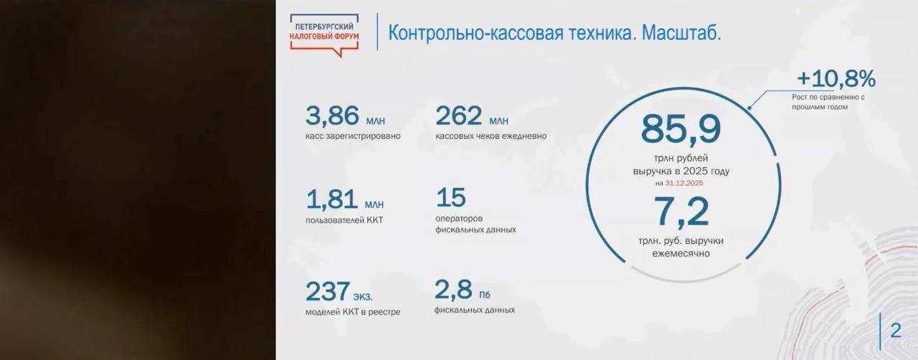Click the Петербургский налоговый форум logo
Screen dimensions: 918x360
(324, 35)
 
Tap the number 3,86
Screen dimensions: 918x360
(332, 115)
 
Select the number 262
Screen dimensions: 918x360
(458, 115)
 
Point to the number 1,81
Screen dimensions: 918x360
(332, 199)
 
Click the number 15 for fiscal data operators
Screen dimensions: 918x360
(451, 197)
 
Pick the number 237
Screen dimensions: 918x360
(328, 291)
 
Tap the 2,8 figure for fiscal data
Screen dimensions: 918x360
(453, 290)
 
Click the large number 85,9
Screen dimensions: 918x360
(681, 130)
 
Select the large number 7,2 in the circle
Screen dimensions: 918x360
(681, 212)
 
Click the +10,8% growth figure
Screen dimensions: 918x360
(836, 78)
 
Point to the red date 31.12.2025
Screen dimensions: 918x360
(684, 183)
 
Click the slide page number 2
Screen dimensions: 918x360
(896, 331)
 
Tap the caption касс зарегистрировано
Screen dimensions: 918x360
(353, 136)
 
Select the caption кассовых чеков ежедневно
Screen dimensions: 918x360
(491, 136)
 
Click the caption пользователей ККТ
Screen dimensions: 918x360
(344, 220)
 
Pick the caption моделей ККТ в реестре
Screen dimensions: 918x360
(353, 312)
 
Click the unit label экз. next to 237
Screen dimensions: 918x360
(363, 296)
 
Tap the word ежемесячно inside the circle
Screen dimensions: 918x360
(681, 253)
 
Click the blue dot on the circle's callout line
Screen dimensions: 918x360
(749, 108)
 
